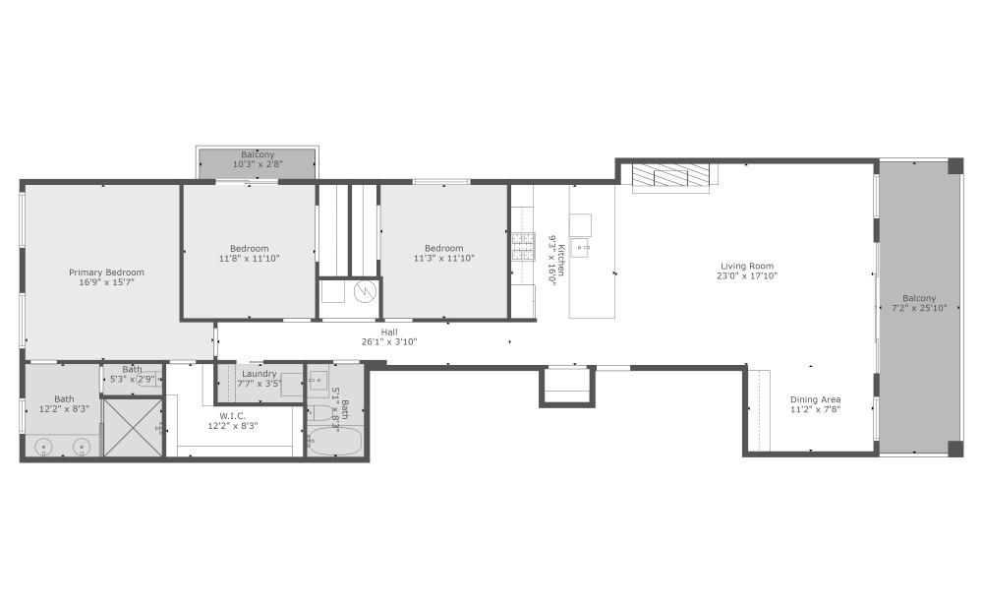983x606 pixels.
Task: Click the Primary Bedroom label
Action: click(x=106, y=273)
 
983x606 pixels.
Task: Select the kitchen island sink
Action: click(x=580, y=247)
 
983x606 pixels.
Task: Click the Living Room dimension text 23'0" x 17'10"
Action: click(x=747, y=276)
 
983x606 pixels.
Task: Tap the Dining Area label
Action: click(x=816, y=399)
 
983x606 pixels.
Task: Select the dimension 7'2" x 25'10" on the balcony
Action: click(x=919, y=308)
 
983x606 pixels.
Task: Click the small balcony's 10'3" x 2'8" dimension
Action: click(x=258, y=164)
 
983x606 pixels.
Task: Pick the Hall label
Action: click(x=389, y=332)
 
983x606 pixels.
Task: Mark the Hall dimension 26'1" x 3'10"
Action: click(x=389, y=341)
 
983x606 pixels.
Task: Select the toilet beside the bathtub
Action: click(x=321, y=412)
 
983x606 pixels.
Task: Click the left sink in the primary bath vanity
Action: click(x=45, y=447)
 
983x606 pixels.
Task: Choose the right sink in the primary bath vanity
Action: click(x=81, y=447)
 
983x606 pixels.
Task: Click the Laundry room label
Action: click(x=257, y=374)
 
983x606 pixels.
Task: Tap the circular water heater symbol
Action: click(x=364, y=292)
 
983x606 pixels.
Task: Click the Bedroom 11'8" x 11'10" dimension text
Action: click(x=250, y=259)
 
